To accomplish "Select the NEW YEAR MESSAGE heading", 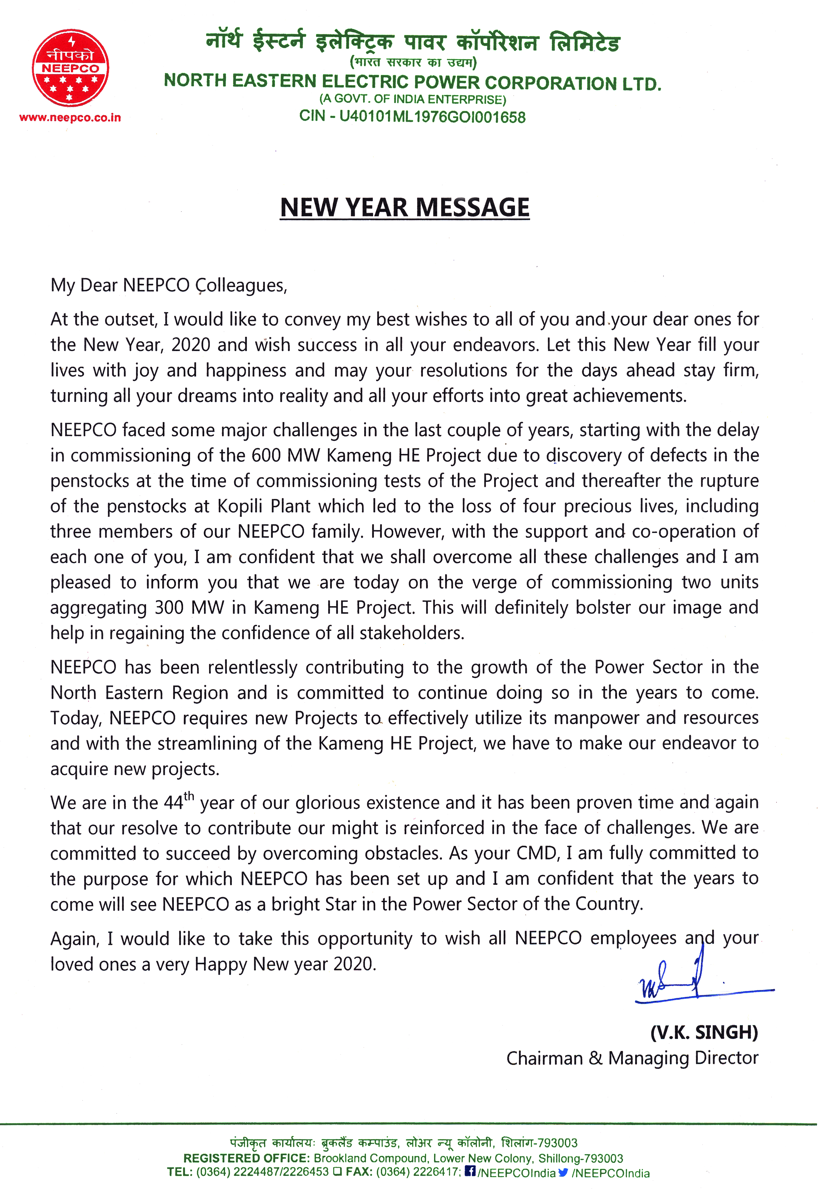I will (404, 208).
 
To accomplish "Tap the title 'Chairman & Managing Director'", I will (632, 1058).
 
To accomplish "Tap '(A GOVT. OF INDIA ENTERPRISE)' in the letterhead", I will (413, 99).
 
